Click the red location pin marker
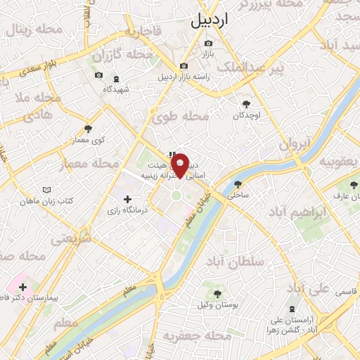point(181,165)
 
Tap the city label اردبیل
point(210,22)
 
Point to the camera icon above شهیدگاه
point(116,78)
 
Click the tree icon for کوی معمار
point(88,129)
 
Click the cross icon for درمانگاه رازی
point(127,200)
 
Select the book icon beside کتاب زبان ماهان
point(47,191)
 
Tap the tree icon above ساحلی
point(237,186)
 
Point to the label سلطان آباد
point(240,262)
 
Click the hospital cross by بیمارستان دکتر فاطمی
point(23,287)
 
